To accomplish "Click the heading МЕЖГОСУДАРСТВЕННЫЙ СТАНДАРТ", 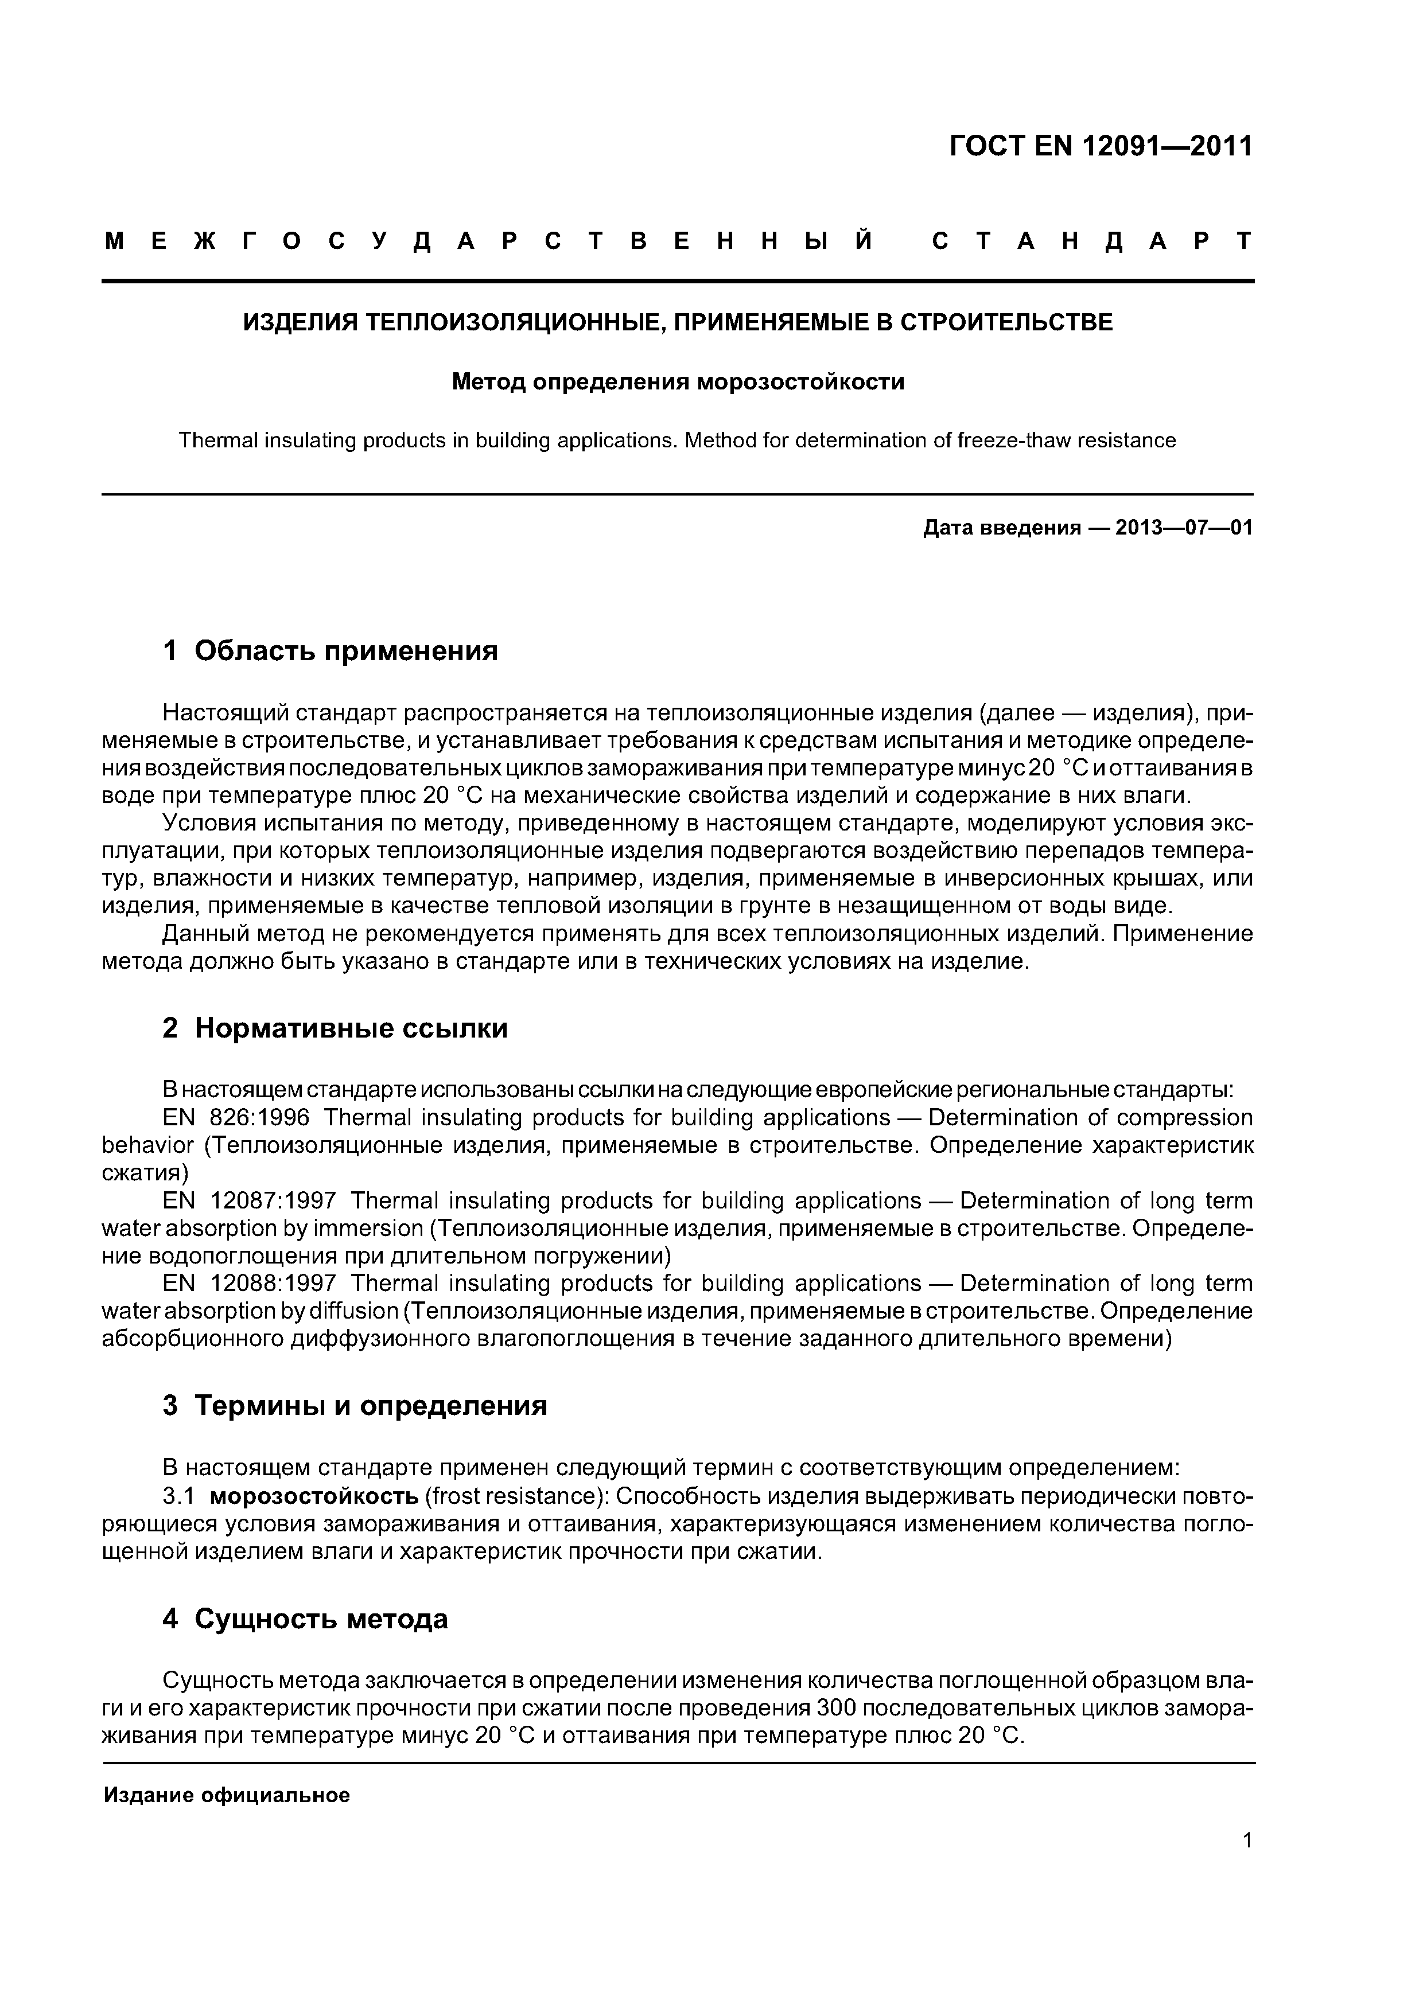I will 678,241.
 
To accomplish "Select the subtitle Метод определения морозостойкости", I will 678,382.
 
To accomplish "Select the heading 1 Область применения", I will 331,651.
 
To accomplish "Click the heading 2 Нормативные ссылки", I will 335,1028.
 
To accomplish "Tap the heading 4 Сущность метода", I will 305,1619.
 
